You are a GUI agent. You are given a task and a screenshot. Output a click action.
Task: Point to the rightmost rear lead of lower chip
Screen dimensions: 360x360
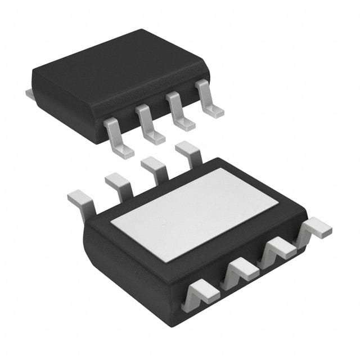(x=189, y=152)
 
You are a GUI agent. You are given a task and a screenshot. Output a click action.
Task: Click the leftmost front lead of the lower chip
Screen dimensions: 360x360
(x=200, y=292)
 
